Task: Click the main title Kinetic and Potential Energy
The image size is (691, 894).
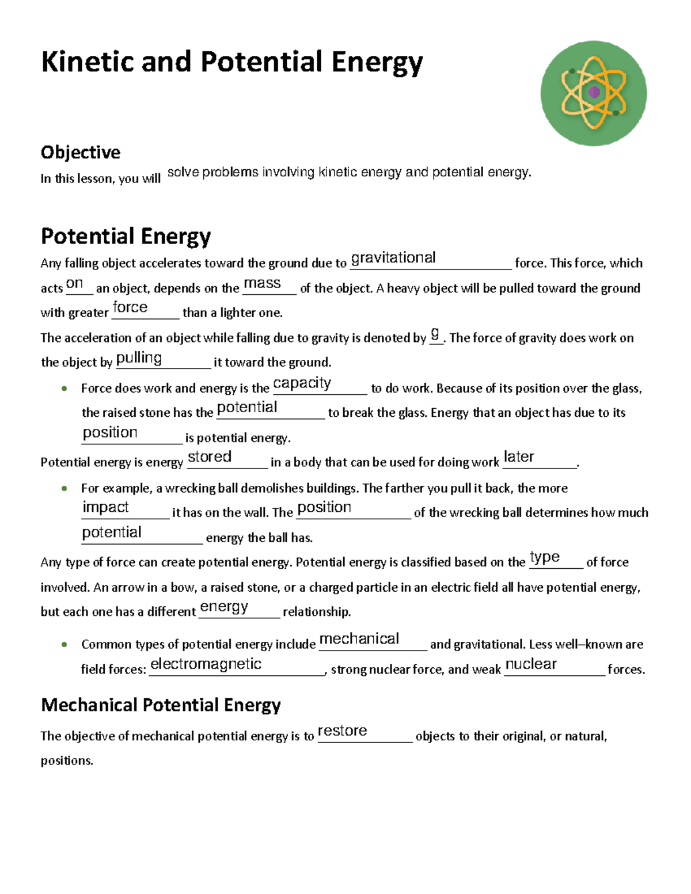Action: pos(231,62)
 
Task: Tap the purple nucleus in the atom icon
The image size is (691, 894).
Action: pos(594,92)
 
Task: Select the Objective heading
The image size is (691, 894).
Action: pos(81,153)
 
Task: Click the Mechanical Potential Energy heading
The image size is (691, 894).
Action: pos(161,705)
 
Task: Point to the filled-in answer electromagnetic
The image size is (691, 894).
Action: pos(206,664)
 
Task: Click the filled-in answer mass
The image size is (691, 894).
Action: pos(262,283)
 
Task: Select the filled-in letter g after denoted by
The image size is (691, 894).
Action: pos(435,333)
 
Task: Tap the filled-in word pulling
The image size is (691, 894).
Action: pos(139,358)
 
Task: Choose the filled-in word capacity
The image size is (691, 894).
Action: pos(302,383)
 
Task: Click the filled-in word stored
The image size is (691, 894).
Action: pos(210,457)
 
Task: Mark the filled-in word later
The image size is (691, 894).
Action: pos(519,457)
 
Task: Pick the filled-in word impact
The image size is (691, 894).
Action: pos(105,507)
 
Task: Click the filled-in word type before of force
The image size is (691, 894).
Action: pos(545,557)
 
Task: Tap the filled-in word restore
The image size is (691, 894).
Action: pos(342,731)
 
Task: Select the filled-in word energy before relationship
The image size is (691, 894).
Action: pos(224,607)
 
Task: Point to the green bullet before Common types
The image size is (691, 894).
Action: pos(64,644)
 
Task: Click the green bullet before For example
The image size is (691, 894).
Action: pos(64,488)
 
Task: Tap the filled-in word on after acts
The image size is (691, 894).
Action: pos(75,283)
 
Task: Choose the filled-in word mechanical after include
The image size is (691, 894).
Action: pos(359,639)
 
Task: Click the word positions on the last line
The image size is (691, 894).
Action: pos(67,761)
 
